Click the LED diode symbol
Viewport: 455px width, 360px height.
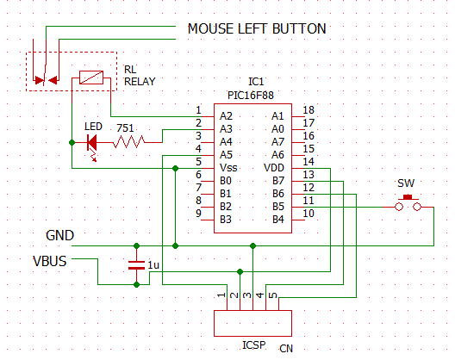92,143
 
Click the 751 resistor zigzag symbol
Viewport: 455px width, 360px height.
128,142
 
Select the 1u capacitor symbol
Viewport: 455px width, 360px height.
136,265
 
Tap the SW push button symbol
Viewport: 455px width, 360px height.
408,203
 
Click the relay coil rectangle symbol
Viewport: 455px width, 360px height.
91,78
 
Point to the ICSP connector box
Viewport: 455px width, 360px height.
252,323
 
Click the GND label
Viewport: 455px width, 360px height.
59,235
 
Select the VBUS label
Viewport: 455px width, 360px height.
50,261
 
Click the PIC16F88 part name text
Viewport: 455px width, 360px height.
251,96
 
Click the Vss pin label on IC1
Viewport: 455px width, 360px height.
228,168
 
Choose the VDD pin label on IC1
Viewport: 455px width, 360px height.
274,168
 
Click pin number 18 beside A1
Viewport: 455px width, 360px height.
309,110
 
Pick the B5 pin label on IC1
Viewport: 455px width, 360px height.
278,206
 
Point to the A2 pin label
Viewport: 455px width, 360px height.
226,116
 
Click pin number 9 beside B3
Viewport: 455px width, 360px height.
198,214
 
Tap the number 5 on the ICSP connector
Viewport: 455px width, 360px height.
273,295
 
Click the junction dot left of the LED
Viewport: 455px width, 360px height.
72,142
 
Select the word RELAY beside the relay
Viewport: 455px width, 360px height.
140,82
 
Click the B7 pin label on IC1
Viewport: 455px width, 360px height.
278,181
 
